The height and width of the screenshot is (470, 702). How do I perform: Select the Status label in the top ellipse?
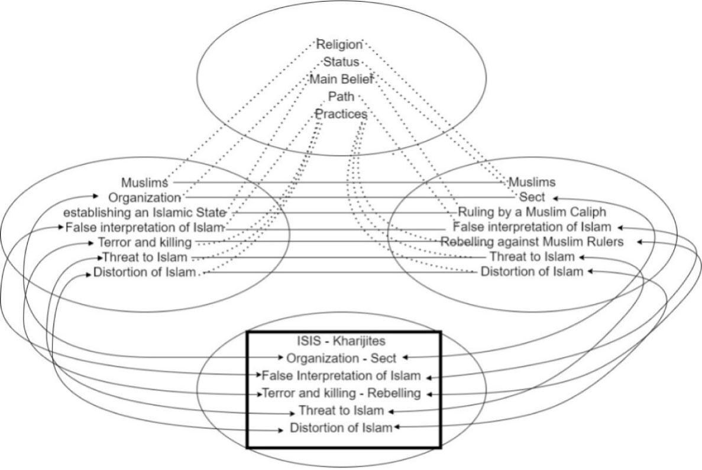point(341,61)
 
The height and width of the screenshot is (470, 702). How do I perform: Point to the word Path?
point(341,96)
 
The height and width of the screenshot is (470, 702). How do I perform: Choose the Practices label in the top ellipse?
point(341,114)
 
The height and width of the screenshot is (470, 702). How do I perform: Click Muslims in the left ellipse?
point(144,182)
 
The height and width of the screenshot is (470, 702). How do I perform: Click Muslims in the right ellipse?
point(532,182)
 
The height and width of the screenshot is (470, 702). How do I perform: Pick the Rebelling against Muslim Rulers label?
point(532,241)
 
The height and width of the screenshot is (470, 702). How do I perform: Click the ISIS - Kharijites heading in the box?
point(343,341)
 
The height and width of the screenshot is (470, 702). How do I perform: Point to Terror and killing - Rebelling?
point(341,393)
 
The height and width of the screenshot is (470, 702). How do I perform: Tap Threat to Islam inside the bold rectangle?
point(342,410)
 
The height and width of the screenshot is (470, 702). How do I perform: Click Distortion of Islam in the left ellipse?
point(144,273)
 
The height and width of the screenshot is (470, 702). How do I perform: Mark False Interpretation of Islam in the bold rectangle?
point(341,375)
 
